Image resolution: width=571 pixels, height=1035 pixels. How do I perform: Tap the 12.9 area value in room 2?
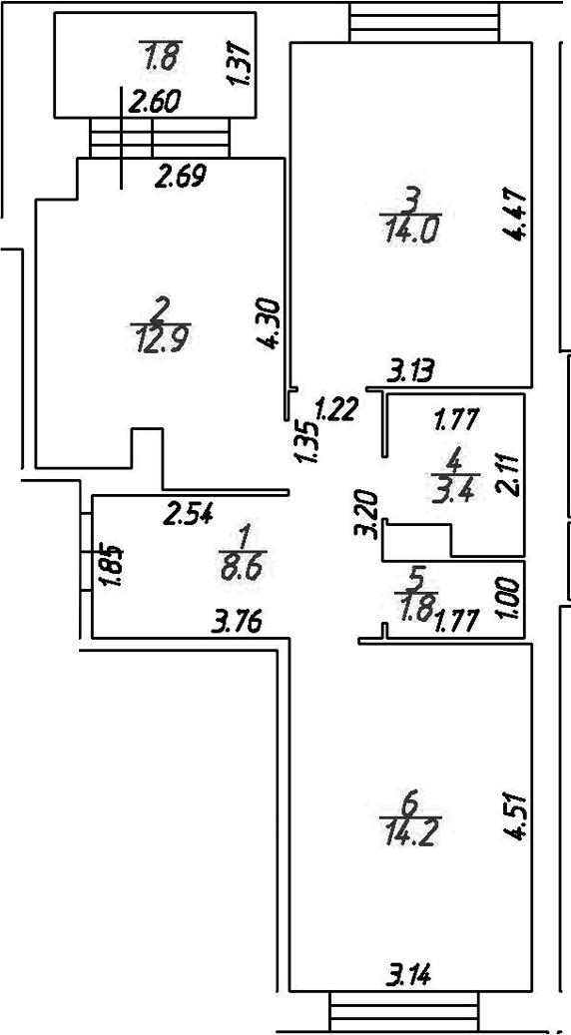pyautogui.click(x=161, y=341)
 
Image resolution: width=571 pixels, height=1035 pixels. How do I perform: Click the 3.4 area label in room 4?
pyautogui.click(x=455, y=492)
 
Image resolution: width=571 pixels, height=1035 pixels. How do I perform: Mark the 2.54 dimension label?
pyautogui.click(x=188, y=513)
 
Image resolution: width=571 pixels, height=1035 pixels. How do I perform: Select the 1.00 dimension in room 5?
pyautogui.click(x=511, y=600)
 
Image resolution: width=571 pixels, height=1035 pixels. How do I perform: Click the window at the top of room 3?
pyautogui.click(x=424, y=22)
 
